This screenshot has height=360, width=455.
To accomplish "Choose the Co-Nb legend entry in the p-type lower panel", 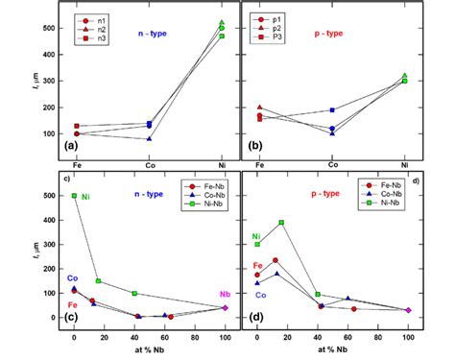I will coord(387,193).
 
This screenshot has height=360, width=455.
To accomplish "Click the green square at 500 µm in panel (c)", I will coord(74,196).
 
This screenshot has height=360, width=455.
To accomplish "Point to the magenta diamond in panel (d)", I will coord(408,310).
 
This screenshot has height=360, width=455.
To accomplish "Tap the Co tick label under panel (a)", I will coord(149,166).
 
